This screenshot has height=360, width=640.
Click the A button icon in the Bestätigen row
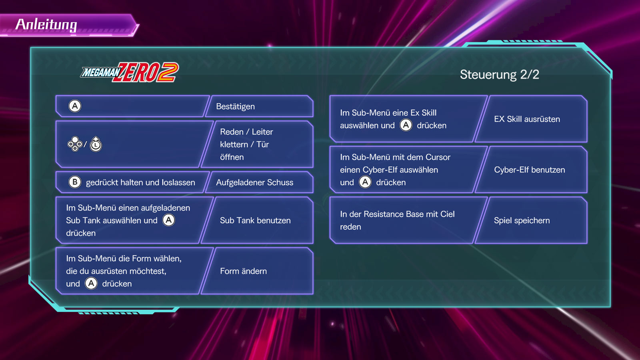point(75,106)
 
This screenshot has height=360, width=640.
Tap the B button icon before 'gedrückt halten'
point(75,182)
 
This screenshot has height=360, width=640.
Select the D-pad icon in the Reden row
point(75,144)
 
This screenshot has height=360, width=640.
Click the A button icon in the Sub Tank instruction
point(168,220)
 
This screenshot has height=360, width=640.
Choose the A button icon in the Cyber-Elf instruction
point(365,182)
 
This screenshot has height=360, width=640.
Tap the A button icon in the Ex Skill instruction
point(406,125)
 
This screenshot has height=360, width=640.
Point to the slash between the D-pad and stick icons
point(86,144)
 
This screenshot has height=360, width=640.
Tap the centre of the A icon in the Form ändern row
point(91,284)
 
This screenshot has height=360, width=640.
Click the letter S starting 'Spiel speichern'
point(496,220)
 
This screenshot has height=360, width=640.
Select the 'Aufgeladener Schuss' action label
point(254,182)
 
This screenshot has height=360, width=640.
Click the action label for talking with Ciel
point(522,220)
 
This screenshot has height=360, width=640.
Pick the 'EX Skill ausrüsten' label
point(527,119)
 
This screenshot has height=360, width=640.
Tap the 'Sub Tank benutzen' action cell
point(255,220)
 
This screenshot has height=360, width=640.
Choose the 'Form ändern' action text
point(244,271)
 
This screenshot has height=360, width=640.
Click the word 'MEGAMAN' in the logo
point(100,72)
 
